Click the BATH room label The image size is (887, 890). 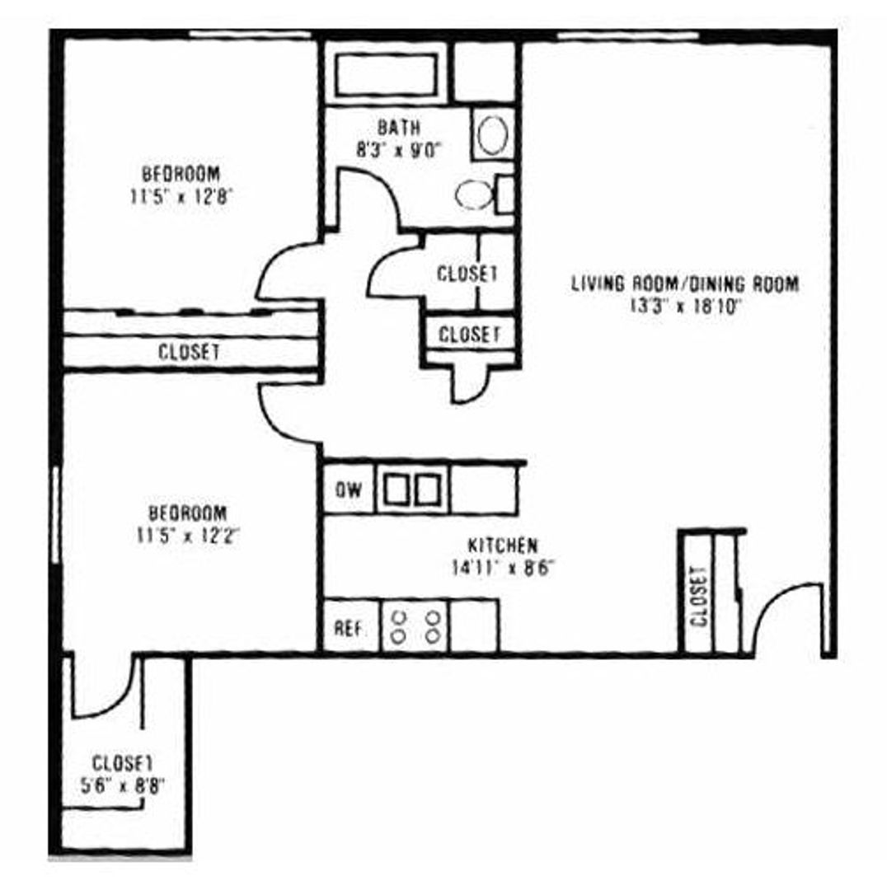coord(399,129)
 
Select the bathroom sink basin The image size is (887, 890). coord(492,135)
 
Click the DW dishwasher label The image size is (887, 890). coord(349,490)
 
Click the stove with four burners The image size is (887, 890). coord(415,625)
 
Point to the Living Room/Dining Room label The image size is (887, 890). coord(684,284)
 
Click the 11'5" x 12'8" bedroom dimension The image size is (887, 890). coord(181,196)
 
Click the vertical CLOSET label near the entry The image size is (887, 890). coord(700,596)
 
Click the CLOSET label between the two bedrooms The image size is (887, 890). coord(189,352)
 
